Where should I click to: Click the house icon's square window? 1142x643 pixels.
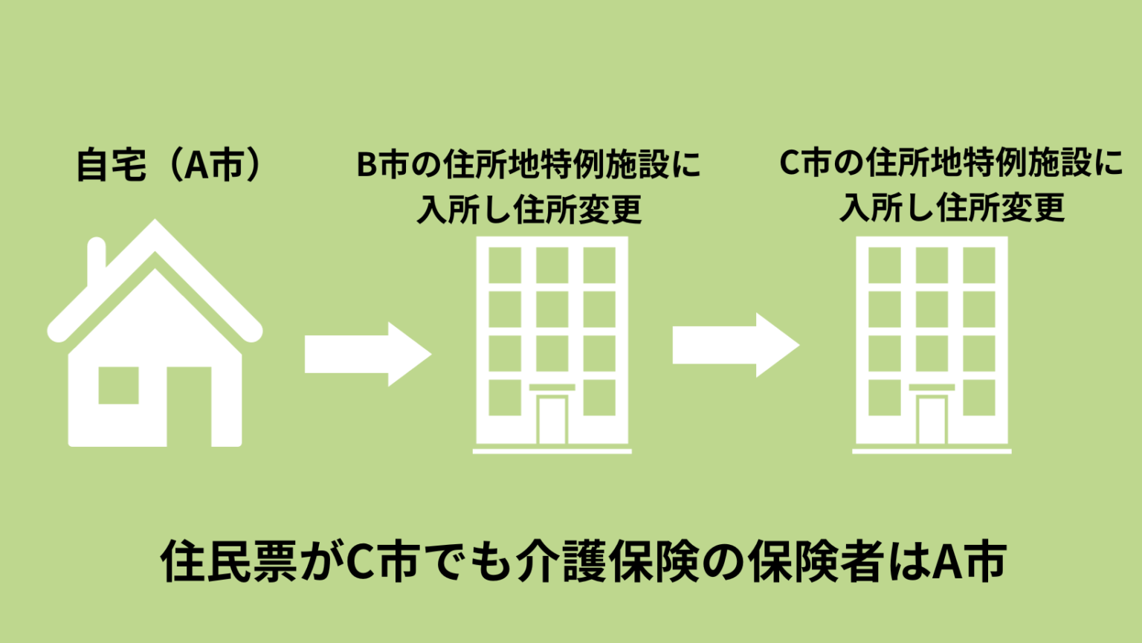click(119, 385)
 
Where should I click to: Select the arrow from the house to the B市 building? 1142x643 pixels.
click(367, 354)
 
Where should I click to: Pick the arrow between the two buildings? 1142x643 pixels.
click(735, 345)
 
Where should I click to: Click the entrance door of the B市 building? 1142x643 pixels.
click(552, 420)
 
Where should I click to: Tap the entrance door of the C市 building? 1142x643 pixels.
click(932, 420)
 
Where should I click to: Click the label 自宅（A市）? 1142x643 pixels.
click(170, 164)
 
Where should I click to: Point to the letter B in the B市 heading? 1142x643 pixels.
click(367, 165)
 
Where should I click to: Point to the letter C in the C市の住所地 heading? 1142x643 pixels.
click(789, 164)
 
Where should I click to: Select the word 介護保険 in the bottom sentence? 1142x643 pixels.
click(608, 561)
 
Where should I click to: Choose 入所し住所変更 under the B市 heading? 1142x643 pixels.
click(529, 210)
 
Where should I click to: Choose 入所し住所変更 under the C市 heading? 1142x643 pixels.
click(952, 207)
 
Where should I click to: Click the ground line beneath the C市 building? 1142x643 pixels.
click(932, 450)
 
